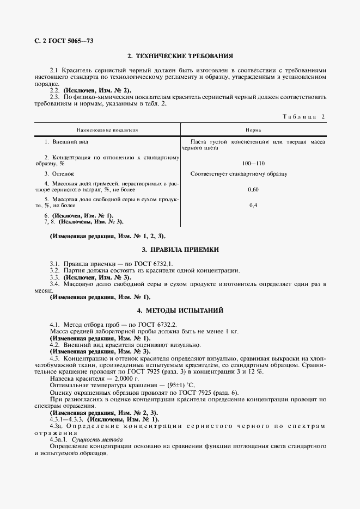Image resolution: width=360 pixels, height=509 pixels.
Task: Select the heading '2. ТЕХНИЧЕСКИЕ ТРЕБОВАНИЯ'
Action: [180, 56]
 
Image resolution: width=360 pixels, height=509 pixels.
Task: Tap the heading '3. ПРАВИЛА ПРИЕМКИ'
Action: [180, 250]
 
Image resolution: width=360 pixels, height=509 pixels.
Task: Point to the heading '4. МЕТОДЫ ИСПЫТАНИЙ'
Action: [180, 311]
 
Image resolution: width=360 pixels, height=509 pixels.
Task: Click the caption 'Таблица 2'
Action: [304, 116]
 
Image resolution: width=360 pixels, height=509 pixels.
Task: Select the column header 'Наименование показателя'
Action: [107, 131]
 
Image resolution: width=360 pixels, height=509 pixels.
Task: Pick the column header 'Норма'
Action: [253, 131]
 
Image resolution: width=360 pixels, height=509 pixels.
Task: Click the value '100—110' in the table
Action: [253, 163]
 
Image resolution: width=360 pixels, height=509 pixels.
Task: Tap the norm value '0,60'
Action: [253, 189]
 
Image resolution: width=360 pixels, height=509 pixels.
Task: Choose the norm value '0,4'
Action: [253, 206]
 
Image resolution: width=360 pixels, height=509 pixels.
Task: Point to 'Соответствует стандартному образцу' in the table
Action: [239, 173]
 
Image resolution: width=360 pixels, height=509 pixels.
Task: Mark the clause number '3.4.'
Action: [54, 284]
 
